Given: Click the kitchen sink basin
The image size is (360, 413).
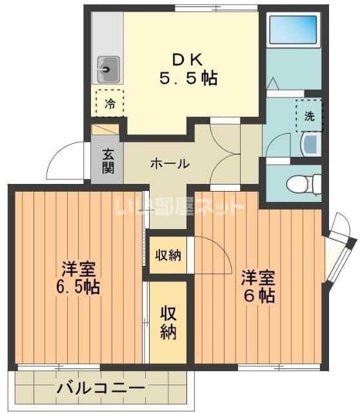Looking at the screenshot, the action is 108,69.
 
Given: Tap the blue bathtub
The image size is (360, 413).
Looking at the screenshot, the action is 293,30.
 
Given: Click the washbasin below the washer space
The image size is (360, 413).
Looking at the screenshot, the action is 312,145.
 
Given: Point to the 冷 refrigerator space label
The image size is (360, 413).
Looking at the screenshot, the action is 110,104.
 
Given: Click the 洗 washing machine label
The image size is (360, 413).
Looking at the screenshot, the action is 310,116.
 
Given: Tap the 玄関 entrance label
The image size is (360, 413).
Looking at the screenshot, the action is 108,161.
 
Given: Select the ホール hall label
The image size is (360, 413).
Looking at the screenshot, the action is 170,164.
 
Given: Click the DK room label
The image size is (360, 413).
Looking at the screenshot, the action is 187,60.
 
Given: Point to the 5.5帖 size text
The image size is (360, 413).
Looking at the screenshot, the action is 188,78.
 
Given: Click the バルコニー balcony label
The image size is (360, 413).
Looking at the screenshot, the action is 101,388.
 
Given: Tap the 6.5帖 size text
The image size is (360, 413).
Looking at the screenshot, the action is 78,287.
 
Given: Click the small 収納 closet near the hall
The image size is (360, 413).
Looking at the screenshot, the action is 168,255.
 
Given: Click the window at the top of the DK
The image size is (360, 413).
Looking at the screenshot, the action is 216,8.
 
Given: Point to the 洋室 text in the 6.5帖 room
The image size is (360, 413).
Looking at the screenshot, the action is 78,269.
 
